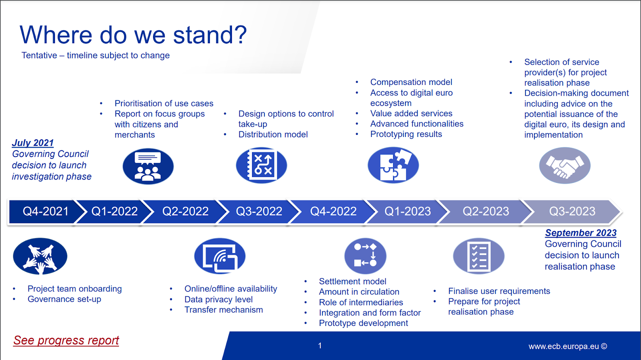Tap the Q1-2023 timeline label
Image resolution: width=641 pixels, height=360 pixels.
pyautogui.click(x=407, y=211)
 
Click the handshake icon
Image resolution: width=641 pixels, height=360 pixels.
pyautogui.click(x=564, y=165)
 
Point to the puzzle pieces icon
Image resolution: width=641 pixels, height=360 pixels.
pyautogui.click(x=393, y=165)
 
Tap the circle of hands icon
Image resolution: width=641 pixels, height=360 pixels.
pyautogui.click(x=40, y=256)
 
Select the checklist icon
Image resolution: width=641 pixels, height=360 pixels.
pyautogui.click(x=479, y=256)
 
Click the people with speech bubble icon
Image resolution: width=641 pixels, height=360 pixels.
pyautogui.click(x=148, y=166)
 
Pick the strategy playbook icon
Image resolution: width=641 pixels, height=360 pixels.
pyautogui.click(x=261, y=165)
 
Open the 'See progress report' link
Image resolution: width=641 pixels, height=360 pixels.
pyautogui.click(x=66, y=340)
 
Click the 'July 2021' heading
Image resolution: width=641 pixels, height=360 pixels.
pyautogui.click(x=32, y=143)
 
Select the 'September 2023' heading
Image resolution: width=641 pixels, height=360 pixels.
pyautogui.click(x=581, y=233)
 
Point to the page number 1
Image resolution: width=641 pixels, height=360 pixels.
pyautogui.click(x=320, y=346)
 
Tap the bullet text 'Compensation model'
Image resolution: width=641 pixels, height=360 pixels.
pyautogui.click(x=411, y=82)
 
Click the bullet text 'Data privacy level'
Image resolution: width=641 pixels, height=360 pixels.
pyautogui.click(x=219, y=300)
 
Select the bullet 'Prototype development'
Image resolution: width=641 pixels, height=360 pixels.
pyautogui.click(x=363, y=323)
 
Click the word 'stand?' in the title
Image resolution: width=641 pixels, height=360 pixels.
pyautogui.click(x=210, y=35)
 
